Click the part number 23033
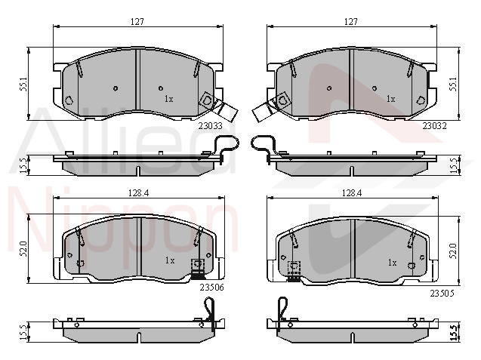(x=210, y=126)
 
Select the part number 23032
(x=434, y=126)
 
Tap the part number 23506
(x=212, y=288)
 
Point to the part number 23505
(x=442, y=294)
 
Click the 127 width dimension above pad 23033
(x=137, y=22)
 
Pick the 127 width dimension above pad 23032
(x=351, y=21)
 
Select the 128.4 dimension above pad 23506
(x=138, y=193)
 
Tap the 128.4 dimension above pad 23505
(x=352, y=193)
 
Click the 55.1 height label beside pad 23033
(x=24, y=84)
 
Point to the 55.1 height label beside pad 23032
(x=453, y=84)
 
